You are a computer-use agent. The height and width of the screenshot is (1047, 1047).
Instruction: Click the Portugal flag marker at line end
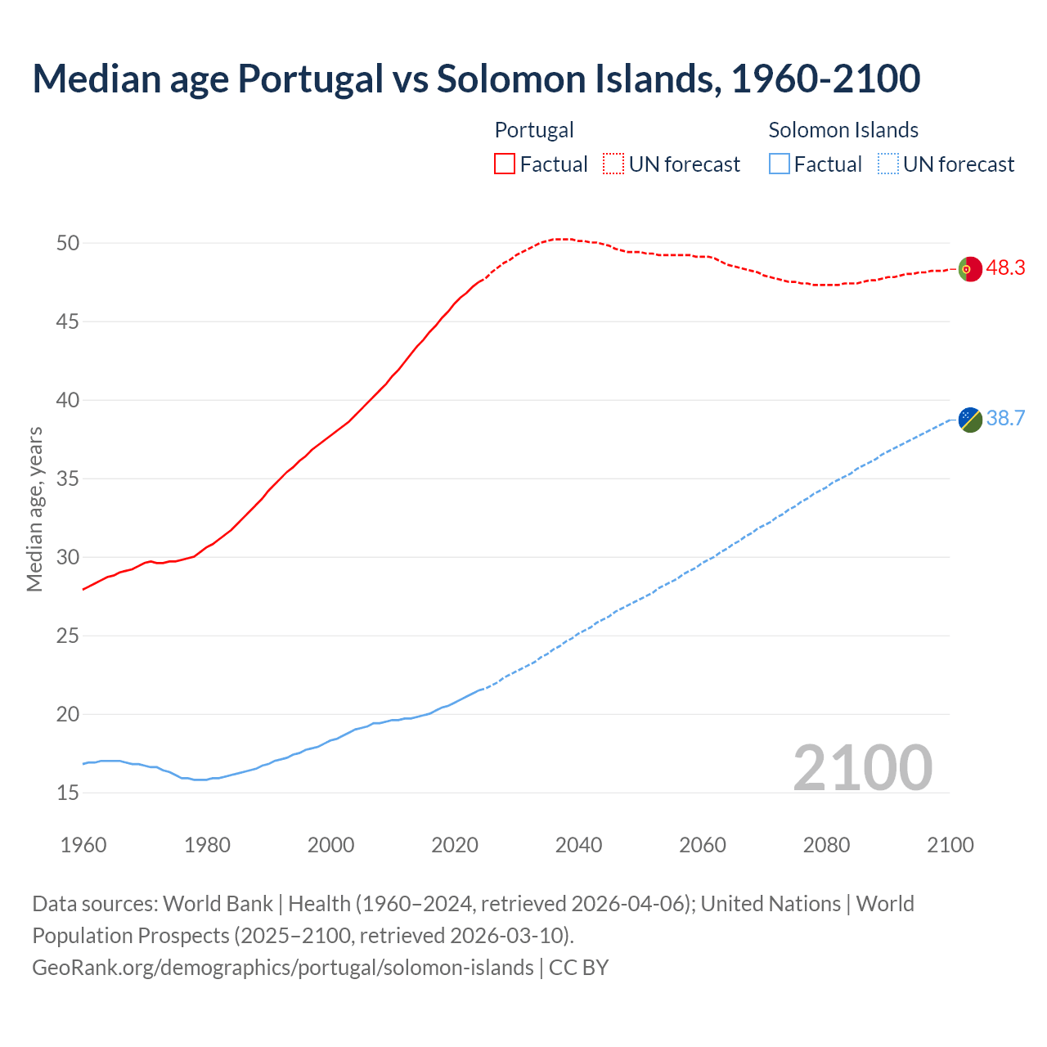pos(970,268)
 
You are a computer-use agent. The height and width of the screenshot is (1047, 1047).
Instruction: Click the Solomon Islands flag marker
pos(970,420)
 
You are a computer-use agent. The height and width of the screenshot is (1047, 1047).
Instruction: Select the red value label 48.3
pos(1005,268)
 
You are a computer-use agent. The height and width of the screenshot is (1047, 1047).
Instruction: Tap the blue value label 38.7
pos(1005,419)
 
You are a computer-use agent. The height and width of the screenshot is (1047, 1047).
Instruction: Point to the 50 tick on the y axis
pos(68,243)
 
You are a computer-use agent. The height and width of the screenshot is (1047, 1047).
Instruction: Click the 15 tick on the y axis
pos(68,793)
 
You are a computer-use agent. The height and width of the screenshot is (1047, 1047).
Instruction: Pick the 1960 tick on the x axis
pos(83,845)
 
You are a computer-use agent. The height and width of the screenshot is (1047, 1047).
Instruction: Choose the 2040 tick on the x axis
pos(578,845)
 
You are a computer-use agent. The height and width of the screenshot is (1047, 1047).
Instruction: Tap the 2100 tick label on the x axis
pos(950,845)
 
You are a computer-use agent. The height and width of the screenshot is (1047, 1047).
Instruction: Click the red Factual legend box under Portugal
pos(505,164)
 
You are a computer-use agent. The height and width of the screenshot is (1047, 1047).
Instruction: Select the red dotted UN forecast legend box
pos(613,164)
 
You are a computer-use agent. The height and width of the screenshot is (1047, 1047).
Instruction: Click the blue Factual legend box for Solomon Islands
pos(780,164)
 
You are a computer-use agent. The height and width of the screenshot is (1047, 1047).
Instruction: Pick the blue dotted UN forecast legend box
pos(888,164)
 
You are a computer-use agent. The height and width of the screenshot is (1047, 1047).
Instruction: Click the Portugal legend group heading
pos(534,130)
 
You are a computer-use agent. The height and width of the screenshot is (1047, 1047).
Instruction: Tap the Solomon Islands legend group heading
pos(843,130)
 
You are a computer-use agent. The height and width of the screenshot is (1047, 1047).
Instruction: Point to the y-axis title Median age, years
pos(34,509)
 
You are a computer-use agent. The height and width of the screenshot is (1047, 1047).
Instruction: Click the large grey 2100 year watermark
pos(863,768)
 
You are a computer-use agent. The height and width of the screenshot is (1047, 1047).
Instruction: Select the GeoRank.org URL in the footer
pos(282,967)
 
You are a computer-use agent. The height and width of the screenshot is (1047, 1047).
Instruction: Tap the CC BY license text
pos(579,967)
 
